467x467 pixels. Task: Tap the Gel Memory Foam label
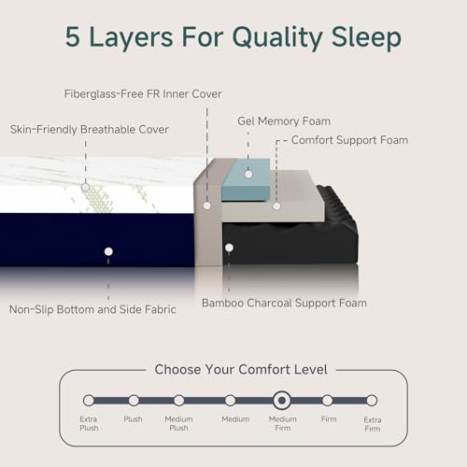coord(284,120)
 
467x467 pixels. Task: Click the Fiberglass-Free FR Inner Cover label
coord(133,93)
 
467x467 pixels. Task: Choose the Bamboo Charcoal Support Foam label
coord(284,303)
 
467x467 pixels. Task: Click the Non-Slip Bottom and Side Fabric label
coord(92,309)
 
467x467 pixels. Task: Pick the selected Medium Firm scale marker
coord(280,400)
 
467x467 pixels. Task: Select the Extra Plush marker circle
coord(89,400)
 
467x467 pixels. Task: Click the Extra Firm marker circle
coord(372,400)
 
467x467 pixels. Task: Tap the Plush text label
coord(134,419)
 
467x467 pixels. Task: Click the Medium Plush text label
coord(178,423)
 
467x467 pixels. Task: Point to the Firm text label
coord(327,419)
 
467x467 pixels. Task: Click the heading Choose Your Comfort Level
coord(241,369)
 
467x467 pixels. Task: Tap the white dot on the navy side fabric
coord(108,251)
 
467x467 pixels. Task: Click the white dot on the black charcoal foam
coord(229,248)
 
